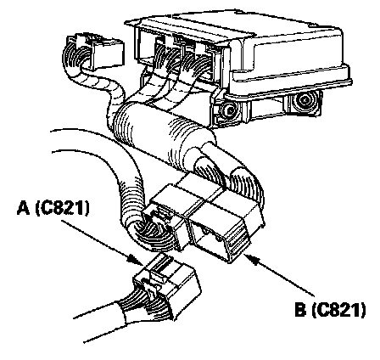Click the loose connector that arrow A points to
point(167,285)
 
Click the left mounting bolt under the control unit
point(228,110)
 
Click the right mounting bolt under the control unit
point(305,100)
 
